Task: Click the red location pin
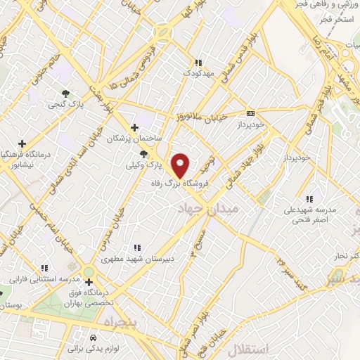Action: (x=181, y=165)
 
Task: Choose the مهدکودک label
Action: (x=198, y=72)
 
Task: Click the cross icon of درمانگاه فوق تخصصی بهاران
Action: (x=89, y=283)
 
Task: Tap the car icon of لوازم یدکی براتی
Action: (x=94, y=337)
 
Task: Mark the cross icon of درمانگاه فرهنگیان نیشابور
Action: (x=22, y=143)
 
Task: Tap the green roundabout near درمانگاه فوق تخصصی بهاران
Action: (x=89, y=272)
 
